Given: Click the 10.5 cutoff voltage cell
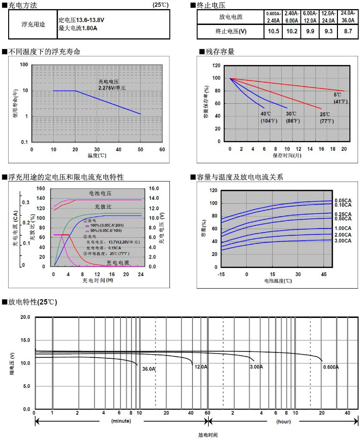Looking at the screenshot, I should [274, 32].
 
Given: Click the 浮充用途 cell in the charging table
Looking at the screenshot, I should [34, 24].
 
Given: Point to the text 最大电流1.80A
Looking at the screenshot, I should [78, 28].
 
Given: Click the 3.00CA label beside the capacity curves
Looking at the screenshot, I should [342, 240].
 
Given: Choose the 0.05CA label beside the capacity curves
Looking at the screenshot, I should [342, 200].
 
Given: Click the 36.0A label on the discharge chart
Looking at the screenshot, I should [149, 369].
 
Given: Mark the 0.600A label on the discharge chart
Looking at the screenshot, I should [331, 367].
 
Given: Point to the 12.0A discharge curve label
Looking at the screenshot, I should [201, 367].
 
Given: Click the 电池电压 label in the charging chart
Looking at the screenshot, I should [100, 193].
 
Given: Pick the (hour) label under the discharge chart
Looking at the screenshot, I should [283, 421].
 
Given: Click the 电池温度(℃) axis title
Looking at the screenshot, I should [277, 280].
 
